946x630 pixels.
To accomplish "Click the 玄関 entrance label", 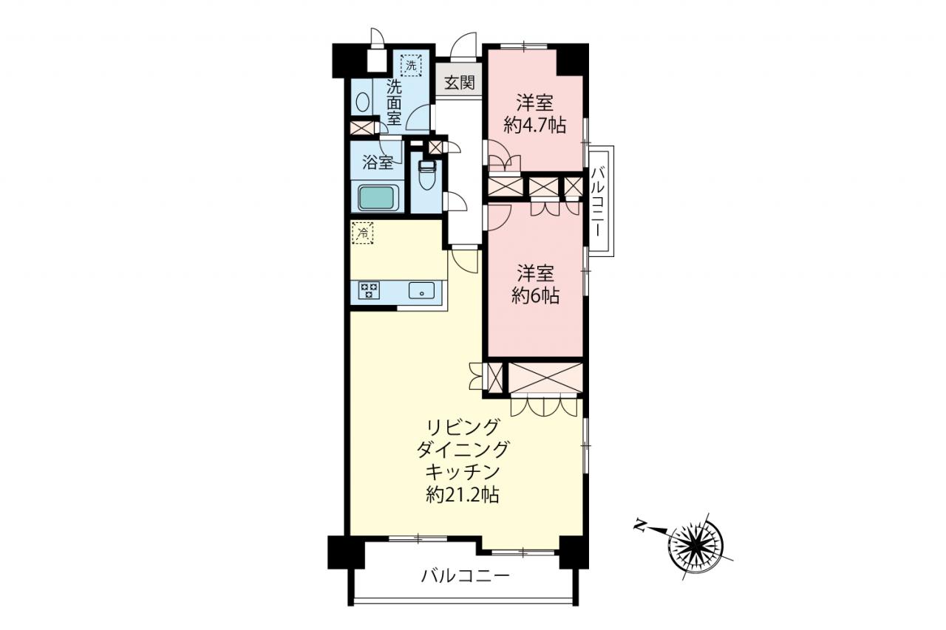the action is tap(460, 83).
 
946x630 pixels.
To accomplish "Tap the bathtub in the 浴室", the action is tap(378, 198).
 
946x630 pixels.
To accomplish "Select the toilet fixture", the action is tap(426, 175).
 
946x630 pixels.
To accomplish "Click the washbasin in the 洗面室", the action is tap(362, 102).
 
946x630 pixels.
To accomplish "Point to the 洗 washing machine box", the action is tap(411, 66).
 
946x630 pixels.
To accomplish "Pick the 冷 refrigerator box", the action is tap(362, 233).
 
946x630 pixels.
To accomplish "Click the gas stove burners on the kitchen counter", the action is tap(369, 291).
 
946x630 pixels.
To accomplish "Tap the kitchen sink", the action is tap(421, 291).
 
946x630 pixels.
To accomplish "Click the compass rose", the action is tap(696, 545).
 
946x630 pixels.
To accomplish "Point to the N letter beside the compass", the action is tap(640, 526).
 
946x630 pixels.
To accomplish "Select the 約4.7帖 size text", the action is tap(535, 125).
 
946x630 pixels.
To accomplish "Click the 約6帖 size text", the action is tap(536, 296).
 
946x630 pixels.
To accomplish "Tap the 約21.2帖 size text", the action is tap(463, 495).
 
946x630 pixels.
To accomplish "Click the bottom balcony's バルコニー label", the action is tap(466, 575).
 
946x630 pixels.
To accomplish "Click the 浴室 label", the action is tap(378, 162).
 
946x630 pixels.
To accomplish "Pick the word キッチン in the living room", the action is tap(463, 472).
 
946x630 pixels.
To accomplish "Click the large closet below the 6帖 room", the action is tap(545, 377).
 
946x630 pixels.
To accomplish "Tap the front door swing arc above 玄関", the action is tap(463, 45).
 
